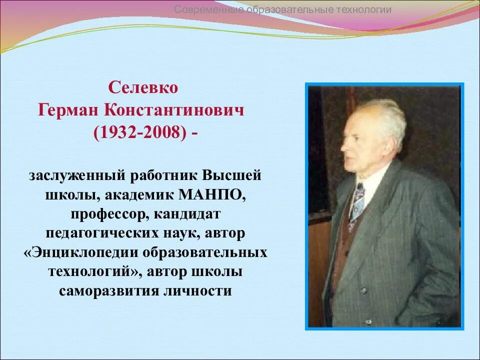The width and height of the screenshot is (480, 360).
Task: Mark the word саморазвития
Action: (107, 290)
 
